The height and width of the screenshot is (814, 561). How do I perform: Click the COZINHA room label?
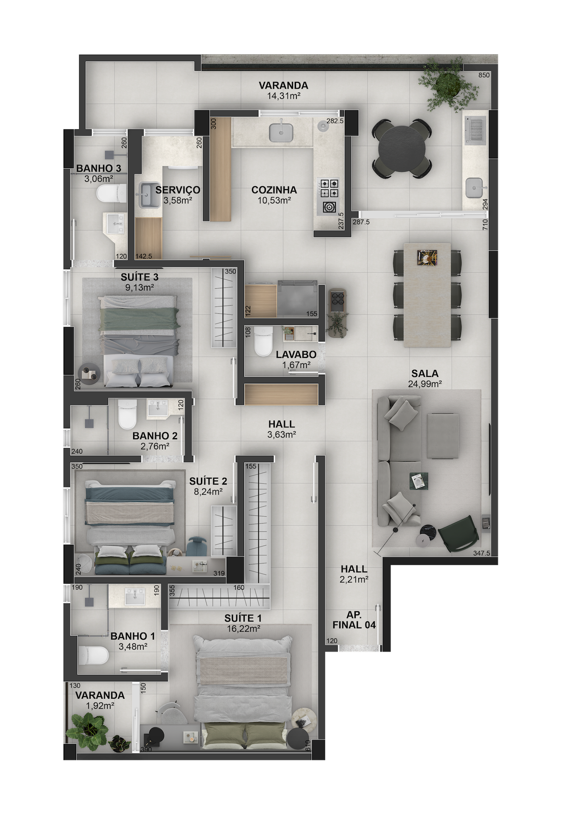[274, 190]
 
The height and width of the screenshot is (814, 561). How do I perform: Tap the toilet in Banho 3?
[111, 194]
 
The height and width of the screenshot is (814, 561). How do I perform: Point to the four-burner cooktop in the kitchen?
[329, 188]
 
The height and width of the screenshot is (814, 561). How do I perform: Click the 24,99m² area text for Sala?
[425, 384]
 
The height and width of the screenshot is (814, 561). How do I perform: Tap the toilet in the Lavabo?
[263, 342]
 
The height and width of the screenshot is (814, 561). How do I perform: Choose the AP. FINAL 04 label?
[354, 620]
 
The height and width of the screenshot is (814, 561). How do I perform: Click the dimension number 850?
[484, 75]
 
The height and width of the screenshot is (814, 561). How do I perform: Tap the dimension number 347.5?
[481, 553]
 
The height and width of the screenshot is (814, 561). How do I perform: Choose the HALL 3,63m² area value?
[282, 434]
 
